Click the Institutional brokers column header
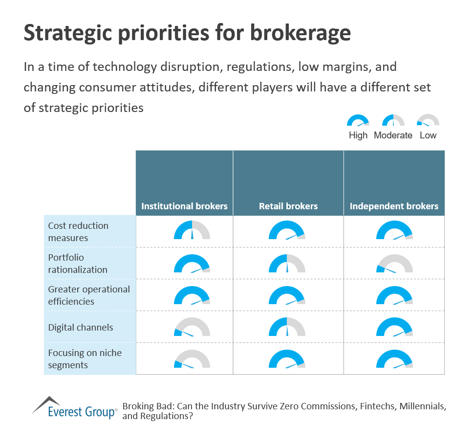click(x=184, y=206)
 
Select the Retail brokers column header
click(x=288, y=206)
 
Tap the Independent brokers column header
click(x=394, y=206)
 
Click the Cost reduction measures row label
click(x=78, y=232)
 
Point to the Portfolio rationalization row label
click(x=78, y=264)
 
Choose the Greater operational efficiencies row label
click(x=89, y=295)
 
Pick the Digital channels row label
click(x=81, y=327)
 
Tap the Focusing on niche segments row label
click(x=85, y=359)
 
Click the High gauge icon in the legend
click(x=358, y=121)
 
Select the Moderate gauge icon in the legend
click(x=393, y=121)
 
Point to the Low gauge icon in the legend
click(x=428, y=121)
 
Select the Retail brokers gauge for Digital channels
click(x=287, y=327)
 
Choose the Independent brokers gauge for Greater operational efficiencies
click(x=394, y=295)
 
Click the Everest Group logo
click(x=75, y=408)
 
